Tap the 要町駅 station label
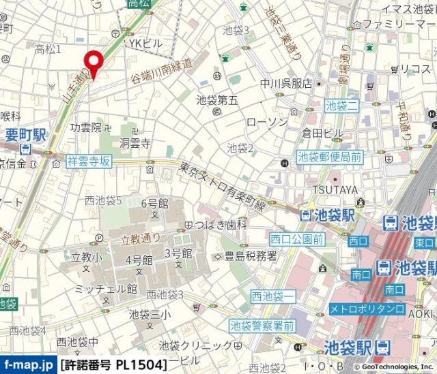pos(25,135)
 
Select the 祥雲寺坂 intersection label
pos(89,161)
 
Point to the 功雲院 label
pos(85,127)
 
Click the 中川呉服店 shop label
pos(286,84)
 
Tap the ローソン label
pos(267,122)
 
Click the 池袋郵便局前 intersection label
pos(329,157)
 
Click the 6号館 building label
pos(154,203)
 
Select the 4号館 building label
pos(138,260)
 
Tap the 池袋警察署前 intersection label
pos(262,326)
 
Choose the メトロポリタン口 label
pos(367,309)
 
